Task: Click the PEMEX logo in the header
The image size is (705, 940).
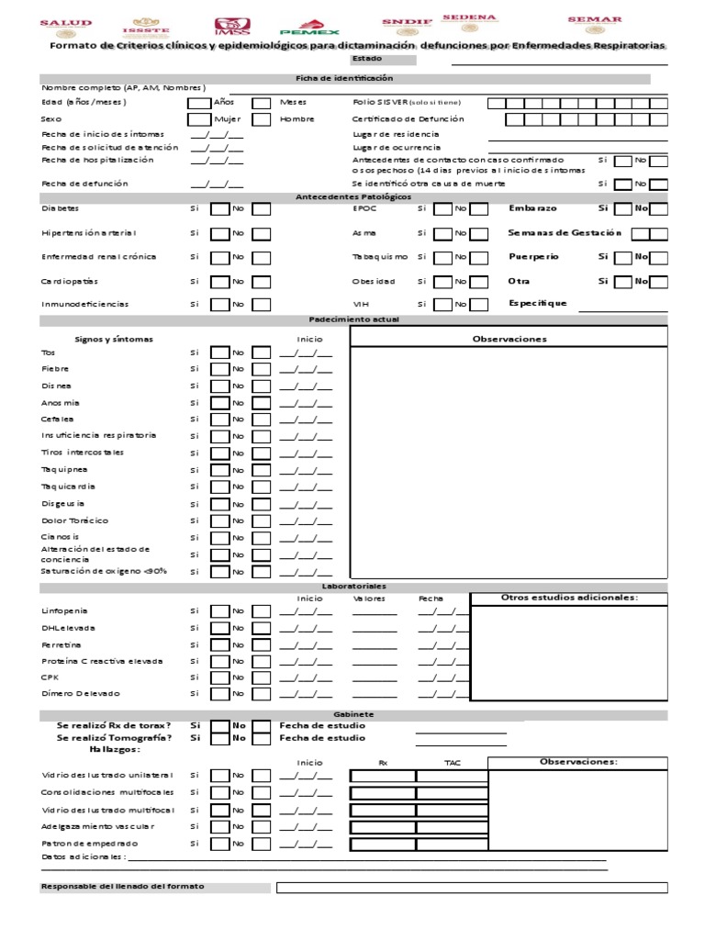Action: (x=316, y=27)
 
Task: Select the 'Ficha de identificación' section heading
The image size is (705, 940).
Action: (x=344, y=79)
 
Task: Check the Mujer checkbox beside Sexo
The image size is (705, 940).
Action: (x=198, y=119)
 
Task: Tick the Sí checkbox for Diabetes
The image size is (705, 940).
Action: (x=220, y=209)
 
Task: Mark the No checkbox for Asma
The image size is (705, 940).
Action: (x=478, y=234)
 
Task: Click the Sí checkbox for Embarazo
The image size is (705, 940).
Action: (x=622, y=209)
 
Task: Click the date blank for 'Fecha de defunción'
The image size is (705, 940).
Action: (x=217, y=185)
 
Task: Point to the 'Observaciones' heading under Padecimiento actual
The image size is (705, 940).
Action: (x=509, y=339)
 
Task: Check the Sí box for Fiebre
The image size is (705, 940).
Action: (x=220, y=369)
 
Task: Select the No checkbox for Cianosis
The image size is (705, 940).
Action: (x=262, y=537)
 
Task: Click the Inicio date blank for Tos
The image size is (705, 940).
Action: (x=306, y=352)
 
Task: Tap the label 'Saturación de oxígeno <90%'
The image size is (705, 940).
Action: (x=104, y=571)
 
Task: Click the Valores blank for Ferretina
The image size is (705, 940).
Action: (x=375, y=645)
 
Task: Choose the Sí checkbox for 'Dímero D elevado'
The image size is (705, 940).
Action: (x=220, y=694)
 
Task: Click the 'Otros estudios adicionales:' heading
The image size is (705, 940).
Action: (x=568, y=598)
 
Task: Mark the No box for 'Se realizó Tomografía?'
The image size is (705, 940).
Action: (x=262, y=737)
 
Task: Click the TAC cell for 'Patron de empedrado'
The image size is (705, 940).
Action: (x=451, y=843)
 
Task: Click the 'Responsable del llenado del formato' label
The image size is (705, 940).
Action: (x=122, y=887)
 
